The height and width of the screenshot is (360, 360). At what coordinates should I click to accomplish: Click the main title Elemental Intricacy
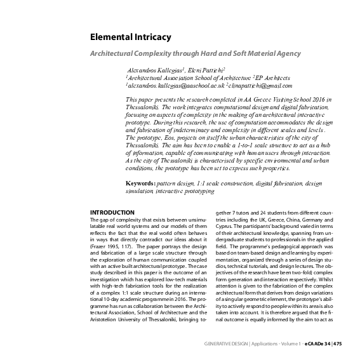(130, 37)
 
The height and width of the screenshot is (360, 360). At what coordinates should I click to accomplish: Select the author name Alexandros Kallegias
(155, 69)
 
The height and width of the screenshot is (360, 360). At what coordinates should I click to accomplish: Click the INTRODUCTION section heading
(112, 212)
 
